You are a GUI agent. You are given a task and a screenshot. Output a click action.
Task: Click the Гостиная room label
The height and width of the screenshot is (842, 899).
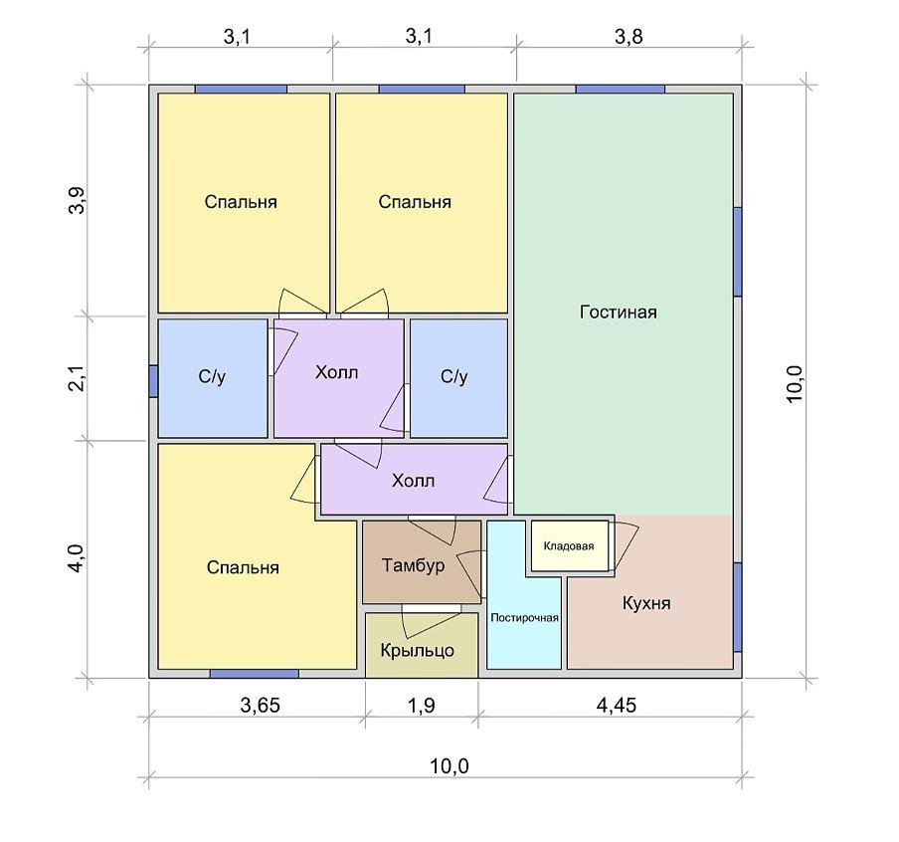coord(619,313)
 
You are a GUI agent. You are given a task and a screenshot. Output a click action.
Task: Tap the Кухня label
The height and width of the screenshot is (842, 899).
coord(646,603)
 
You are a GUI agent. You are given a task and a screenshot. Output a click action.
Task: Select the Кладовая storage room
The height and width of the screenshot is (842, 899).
coord(569,545)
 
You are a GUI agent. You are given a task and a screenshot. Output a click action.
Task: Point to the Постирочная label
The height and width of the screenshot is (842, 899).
coord(525,618)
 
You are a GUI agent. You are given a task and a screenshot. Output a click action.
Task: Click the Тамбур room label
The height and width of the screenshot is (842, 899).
coord(414,565)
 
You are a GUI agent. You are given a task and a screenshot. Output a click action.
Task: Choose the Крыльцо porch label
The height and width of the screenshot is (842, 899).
coord(418,650)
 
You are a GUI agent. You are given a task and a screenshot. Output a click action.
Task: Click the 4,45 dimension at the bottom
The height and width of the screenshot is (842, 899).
coord(617,705)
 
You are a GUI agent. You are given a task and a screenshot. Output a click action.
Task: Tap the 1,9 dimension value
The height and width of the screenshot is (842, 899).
coord(422,705)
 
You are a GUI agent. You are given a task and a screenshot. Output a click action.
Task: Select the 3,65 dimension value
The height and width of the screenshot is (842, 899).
coord(261,705)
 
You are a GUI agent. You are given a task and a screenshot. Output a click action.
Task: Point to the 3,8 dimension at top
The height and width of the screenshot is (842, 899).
coord(629,36)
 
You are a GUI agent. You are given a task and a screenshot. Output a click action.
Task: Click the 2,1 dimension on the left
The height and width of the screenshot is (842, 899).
coord(77,378)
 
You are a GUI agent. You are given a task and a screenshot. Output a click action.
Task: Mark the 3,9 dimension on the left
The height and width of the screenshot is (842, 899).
coord(77,200)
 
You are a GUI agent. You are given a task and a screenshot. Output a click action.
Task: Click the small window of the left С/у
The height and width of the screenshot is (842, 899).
coord(153,380)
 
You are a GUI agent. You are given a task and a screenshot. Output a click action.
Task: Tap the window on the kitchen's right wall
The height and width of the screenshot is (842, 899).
coord(738,607)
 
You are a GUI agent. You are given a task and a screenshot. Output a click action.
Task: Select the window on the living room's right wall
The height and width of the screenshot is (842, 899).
coord(738,252)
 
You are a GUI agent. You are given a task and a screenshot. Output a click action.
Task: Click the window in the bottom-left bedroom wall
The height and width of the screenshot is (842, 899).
coord(254,674)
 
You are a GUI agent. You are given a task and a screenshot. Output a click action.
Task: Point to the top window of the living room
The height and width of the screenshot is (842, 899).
coord(621,89)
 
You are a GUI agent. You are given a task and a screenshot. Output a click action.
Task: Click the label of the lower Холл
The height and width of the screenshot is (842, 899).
coord(413,481)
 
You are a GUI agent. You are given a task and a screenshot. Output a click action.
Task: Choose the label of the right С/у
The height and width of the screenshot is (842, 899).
coord(454,376)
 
